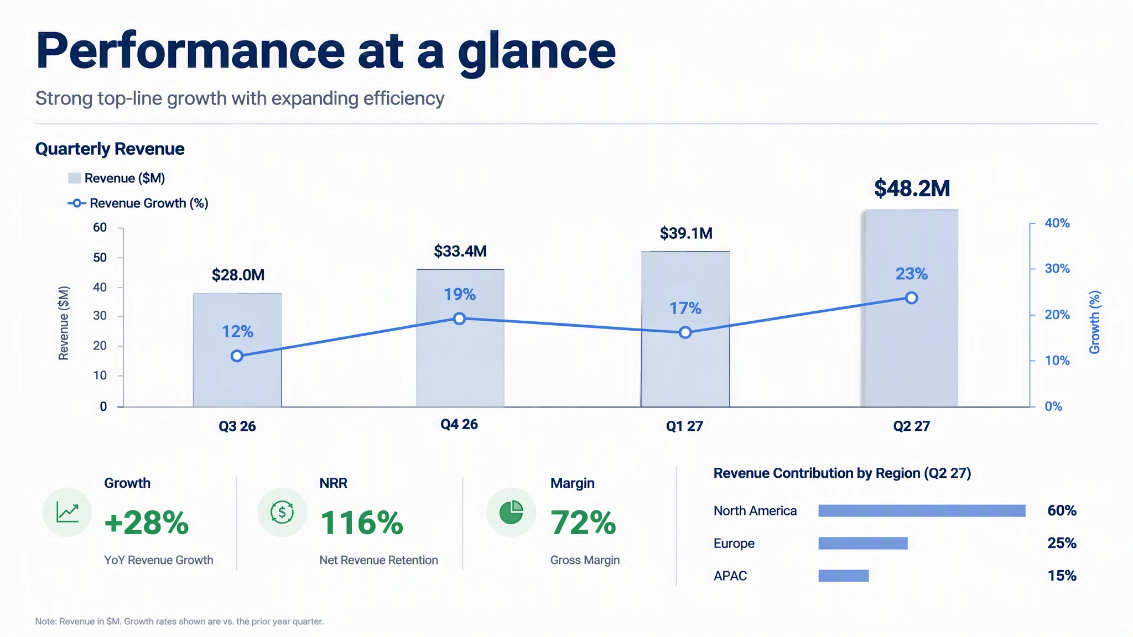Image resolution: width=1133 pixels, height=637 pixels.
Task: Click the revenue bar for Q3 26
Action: click(x=237, y=350)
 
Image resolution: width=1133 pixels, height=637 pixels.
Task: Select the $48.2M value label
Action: click(x=912, y=189)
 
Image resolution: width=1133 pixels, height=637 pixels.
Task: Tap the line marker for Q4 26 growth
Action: click(x=459, y=318)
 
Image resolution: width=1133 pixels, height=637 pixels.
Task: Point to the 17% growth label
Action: click(x=685, y=308)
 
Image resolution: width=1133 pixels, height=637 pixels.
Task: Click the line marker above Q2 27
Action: click(x=912, y=298)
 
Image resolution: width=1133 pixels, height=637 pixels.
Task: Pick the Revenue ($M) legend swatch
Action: click(x=74, y=178)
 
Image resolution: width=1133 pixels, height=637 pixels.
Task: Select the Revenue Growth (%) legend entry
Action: click(x=138, y=203)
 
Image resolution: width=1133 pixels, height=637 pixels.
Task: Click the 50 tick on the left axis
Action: click(x=100, y=258)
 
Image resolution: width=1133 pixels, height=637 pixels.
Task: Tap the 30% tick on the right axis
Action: click(x=1057, y=269)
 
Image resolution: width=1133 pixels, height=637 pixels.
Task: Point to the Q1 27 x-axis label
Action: click(x=684, y=426)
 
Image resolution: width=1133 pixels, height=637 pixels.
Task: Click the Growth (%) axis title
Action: click(x=1094, y=322)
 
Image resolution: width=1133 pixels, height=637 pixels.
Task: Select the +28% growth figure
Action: click(x=147, y=523)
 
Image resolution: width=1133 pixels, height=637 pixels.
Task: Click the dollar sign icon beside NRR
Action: click(x=282, y=512)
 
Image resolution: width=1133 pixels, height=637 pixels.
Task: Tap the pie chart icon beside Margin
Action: click(x=511, y=512)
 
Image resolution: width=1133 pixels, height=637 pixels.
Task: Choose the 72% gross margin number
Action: click(x=583, y=523)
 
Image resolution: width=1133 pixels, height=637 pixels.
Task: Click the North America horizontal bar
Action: click(x=922, y=510)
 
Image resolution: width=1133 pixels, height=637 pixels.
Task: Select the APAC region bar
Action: click(x=844, y=576)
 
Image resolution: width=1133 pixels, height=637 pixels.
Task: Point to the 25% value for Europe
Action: click(x=1062, y=543)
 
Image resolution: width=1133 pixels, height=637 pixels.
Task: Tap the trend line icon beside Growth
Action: click(x=67, y=512)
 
